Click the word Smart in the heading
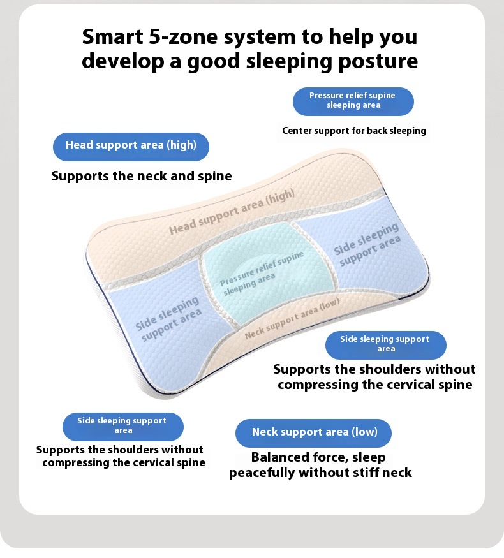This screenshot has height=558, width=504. [x=112, y=36]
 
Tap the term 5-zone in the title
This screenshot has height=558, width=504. [x=183, y=36]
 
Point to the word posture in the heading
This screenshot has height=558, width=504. [x=378, y=61]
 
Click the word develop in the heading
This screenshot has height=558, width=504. [x=122, y=61]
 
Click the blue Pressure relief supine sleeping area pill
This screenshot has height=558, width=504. [x=353, y=101]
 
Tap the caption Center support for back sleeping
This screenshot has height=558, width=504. [x=354, y=131]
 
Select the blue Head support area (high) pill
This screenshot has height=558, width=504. [x=131, y=147]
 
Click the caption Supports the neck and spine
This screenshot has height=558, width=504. [x=142, y=176]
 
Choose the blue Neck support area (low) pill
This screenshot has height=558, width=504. [x=313, y=433]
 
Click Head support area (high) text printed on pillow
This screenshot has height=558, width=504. [x=232, y=212]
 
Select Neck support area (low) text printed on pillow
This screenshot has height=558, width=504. [x=292, y=318]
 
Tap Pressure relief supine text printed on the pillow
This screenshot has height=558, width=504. [x=262, y=268]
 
